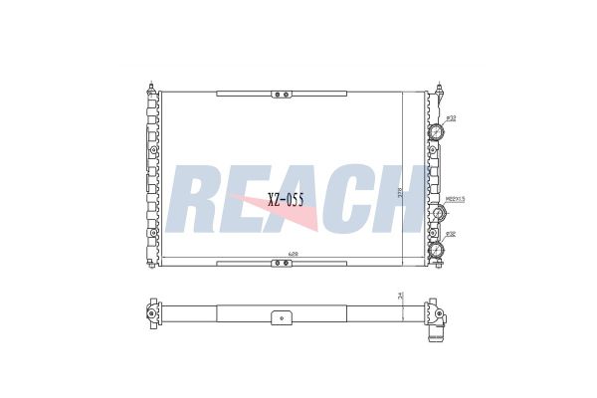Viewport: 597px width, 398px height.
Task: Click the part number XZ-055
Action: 285,199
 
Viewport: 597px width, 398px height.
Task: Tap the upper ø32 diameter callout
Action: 451,118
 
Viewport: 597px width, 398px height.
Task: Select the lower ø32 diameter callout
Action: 451,235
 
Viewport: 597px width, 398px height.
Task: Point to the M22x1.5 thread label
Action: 457,198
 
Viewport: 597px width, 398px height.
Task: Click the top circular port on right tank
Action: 436,134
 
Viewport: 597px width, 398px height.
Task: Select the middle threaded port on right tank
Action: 438,214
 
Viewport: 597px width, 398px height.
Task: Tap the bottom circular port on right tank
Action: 436,250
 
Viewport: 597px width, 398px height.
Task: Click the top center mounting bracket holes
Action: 282,96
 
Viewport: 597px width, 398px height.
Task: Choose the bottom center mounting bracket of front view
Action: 282,263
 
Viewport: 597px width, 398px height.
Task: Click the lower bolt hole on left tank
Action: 154,235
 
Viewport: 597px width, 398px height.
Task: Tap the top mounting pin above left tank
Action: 151,88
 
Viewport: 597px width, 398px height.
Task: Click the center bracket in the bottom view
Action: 282,318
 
